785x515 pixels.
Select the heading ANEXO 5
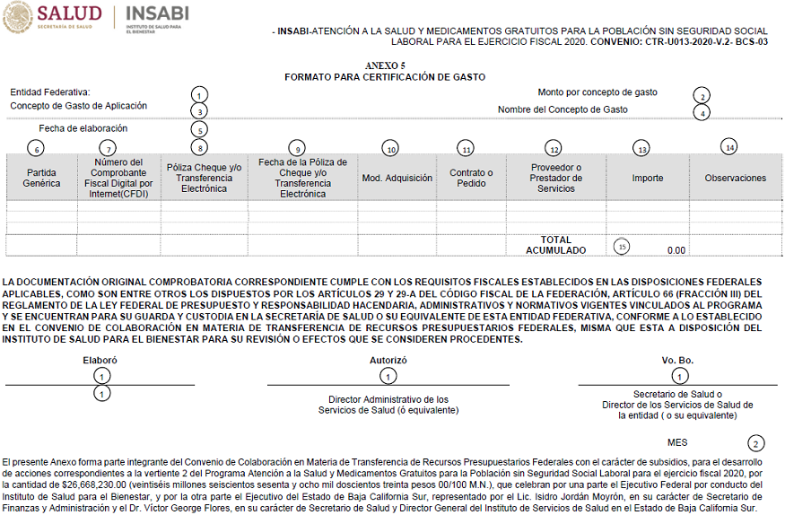pos(385,66)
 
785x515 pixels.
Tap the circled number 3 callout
pos(199,111)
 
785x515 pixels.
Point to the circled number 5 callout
pos(200,130)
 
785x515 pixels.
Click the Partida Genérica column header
pos(41,178)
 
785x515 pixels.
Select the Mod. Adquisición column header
pos(397,178)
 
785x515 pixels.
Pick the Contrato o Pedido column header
pos(471,178)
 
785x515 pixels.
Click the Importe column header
pos(647,178)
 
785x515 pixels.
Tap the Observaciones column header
pos(735,178)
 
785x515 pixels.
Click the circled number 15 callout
pos(623,246)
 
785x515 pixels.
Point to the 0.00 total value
pos(676,250)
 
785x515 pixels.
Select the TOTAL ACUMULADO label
pos(555,245)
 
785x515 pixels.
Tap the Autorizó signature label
pos(388,360)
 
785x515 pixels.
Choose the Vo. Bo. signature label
pos(677,360)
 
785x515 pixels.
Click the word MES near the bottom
pos(677,442)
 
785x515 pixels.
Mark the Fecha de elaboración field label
pos(83,128)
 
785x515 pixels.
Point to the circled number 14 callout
pos(729,146)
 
